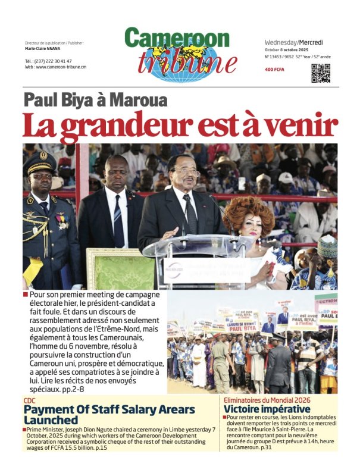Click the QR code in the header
click(321, 73)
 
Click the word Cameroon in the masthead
click(177, 39)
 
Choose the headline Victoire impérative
click(267, 409)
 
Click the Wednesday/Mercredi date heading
click(294, 42)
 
